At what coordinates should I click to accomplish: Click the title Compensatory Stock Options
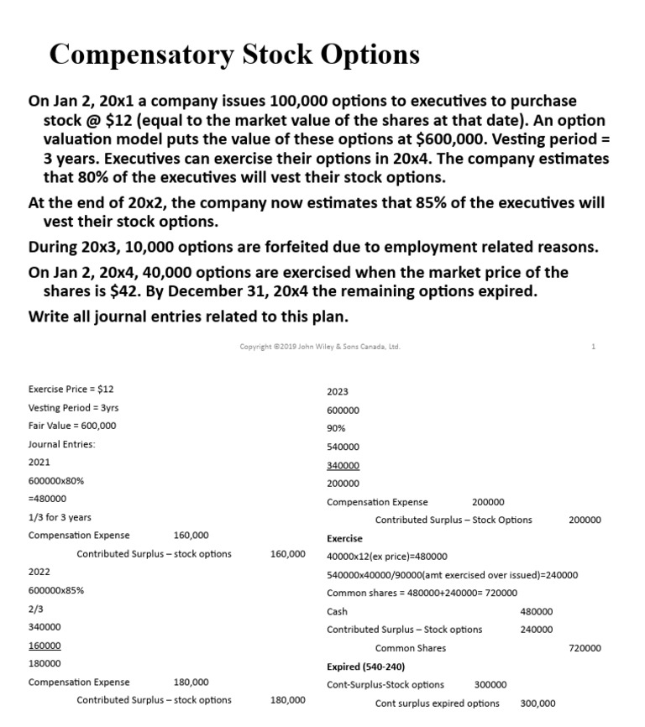pos(234,55)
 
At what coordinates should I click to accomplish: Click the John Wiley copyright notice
pos(319,347)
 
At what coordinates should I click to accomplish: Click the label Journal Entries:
pos(61,444)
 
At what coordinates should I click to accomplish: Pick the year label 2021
pos(39,463)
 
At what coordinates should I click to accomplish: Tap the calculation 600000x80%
pos(55,481)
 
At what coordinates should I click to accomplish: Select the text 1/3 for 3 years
pos(60,517)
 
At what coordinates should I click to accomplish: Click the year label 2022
pos(39,572)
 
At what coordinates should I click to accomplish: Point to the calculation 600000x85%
pos(55,590)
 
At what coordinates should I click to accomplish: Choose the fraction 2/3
pos(35,609)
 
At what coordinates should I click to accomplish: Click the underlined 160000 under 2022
pos(45,646)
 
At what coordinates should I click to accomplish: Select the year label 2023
pos(338,392)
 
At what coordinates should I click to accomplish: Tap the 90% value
pos(336,428)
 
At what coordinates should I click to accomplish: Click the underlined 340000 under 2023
pos(343,465)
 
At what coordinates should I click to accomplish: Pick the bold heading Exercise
pos(344,538)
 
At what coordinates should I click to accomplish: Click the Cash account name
pos(337,612)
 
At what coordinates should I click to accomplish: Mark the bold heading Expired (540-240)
pos(365,667)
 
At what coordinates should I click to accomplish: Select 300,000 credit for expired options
pos(537,703)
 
